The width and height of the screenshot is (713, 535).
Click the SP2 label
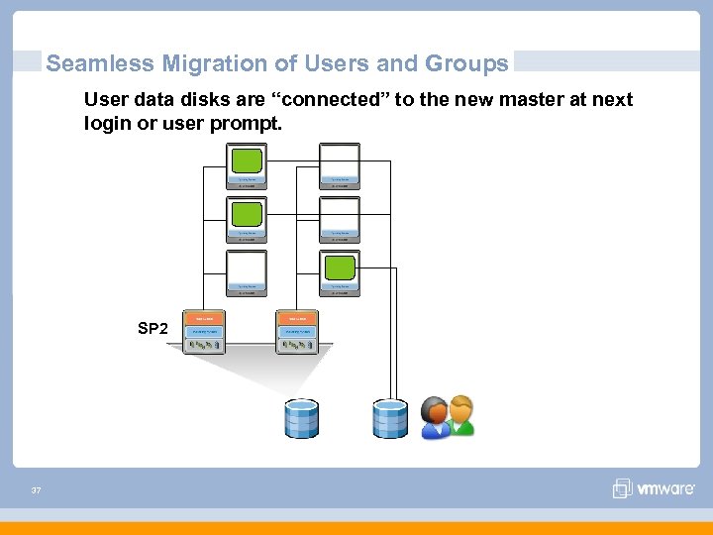(153, 329)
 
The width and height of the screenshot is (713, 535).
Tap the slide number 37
(36, 490)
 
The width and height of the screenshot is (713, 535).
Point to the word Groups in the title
(467, 64)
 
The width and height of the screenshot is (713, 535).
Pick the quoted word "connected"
(325, 100)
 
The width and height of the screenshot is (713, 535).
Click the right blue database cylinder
(389, 418)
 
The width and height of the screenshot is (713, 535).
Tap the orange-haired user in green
(460, 416)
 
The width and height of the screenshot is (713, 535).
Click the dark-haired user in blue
(435, 419)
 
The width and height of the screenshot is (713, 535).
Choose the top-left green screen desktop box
(247, 162)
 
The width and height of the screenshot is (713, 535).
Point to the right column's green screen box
(340, 268)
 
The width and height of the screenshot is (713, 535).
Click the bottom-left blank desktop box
(247, 269)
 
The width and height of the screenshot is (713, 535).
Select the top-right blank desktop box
(340, 160)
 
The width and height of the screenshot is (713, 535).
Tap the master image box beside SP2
(206, 331)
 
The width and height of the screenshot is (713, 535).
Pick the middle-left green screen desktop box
(247, 215)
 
